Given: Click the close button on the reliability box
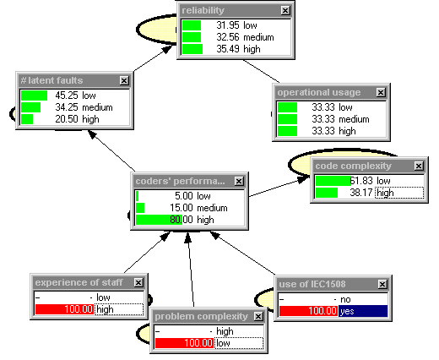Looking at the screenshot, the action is coord(285,10).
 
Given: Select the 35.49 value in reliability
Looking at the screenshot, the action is coord(228,49).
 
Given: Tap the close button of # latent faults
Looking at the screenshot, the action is coord(124,80).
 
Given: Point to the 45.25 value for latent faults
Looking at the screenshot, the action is coord(67,95).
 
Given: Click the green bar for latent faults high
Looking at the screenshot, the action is coord(27,119).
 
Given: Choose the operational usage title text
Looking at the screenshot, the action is coord(319,92).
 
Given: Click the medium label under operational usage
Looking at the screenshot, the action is coord(354,119).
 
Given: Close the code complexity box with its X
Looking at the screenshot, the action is coord(419,166).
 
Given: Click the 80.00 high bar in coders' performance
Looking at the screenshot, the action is coord(159,220).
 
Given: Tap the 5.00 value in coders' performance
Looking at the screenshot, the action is coord(184,196).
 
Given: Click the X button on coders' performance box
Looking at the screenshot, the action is coord(239,181).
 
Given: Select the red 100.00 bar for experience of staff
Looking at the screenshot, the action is coord(64,309).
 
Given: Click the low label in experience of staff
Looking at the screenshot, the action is coord(103,297).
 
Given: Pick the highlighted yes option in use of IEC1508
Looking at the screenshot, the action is coord(363,311).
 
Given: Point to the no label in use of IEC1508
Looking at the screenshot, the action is coord(345,299).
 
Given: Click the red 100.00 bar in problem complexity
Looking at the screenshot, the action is coord(184,343).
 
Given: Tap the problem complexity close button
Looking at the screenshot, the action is coord(258,316).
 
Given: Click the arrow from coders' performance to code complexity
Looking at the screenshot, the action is coord(279,187).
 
